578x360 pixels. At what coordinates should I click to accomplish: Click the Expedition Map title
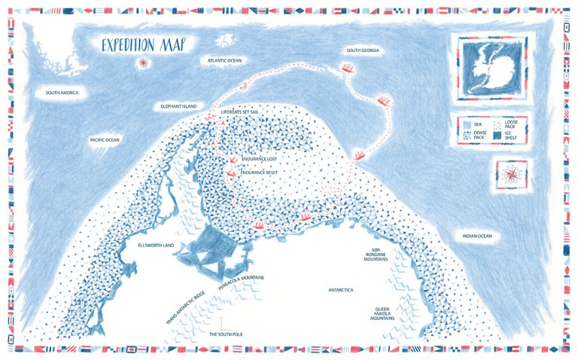click(144, 44)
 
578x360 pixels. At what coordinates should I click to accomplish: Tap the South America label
click(62, 93)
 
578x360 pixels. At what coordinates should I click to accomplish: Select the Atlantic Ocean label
click(225, 59)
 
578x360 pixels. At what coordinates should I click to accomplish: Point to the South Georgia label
click(362, 50)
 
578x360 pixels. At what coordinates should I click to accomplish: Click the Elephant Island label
click(178, 107)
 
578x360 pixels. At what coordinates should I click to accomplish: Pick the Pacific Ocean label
click(105, 139)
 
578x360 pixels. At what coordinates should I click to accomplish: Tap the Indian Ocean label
click(476, 236)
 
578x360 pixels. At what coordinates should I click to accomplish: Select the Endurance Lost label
click(261, 160)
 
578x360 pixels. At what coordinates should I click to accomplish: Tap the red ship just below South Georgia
click(348, 69)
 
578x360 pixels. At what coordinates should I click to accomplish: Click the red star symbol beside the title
click(142, 63)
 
